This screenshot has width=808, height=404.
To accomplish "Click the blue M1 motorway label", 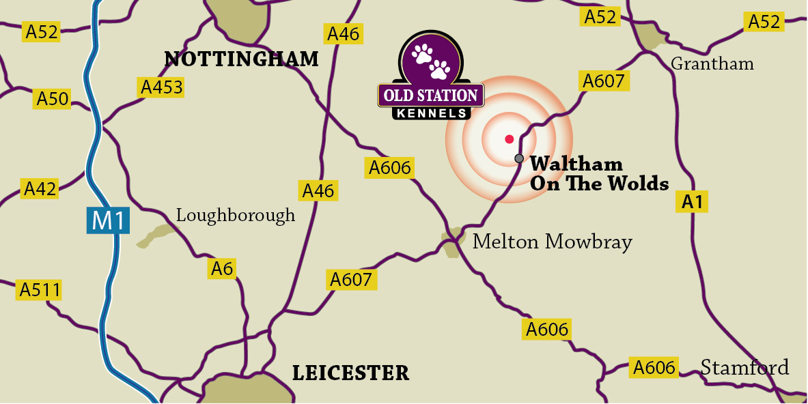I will pos(108,220).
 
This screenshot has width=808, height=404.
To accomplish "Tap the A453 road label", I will pos(162,87).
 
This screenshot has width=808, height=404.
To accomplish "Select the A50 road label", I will pos(53,99).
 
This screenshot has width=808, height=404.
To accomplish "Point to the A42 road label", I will pos(40,188).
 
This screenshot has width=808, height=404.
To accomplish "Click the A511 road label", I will pos(40,290).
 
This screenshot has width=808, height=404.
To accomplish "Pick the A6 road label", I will pos(222,269).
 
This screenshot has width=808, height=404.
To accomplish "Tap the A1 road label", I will pos(692,202).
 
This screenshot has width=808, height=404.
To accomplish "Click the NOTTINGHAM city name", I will pos(242,59).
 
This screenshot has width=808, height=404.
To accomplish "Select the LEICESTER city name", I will pos(350,373).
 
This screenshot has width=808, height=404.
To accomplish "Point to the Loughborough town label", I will pos(236,215).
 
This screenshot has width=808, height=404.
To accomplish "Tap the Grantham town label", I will pos(712,63).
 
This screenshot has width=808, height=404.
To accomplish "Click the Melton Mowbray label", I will pos(553,242).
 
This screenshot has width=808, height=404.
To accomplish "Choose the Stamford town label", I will pos(744,367).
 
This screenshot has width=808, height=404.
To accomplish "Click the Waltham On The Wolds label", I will pos(598,174).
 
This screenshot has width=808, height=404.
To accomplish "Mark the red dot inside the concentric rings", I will pos(509,139).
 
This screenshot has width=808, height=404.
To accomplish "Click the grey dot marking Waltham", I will pos(519,158).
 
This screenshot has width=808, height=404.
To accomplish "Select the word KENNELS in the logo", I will pos(432,113).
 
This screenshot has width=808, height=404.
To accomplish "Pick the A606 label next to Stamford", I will pos(654,367).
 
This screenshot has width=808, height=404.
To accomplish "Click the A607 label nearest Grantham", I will pos(604,81).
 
